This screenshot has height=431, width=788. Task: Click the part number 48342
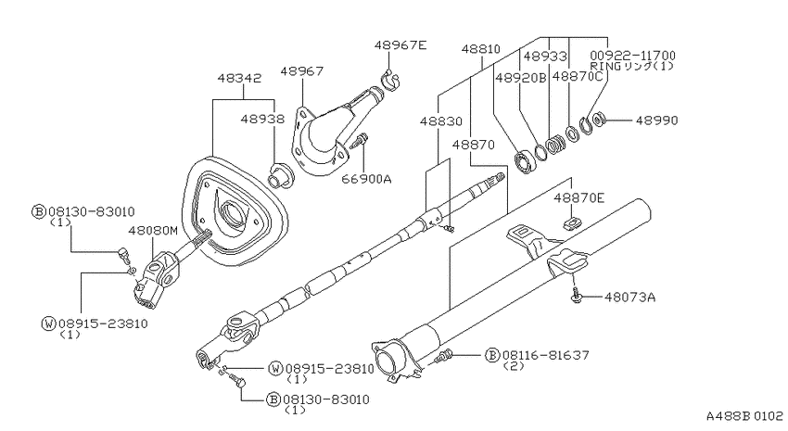click(x=239, y=79)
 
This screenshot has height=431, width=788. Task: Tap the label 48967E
click(x=400, y=45)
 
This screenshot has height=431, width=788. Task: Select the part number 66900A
click(x=366, y=178)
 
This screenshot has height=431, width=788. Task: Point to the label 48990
click(x=657, y=120)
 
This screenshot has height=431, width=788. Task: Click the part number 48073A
click(x=629, y=298)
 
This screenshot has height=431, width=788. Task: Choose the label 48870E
click(x=578, y=198)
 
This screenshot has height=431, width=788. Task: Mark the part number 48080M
click(x=153, y=231)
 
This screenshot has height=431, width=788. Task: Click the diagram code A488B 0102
click(x=744, y=416)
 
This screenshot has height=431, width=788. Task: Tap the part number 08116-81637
click(x=545, y=355)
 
